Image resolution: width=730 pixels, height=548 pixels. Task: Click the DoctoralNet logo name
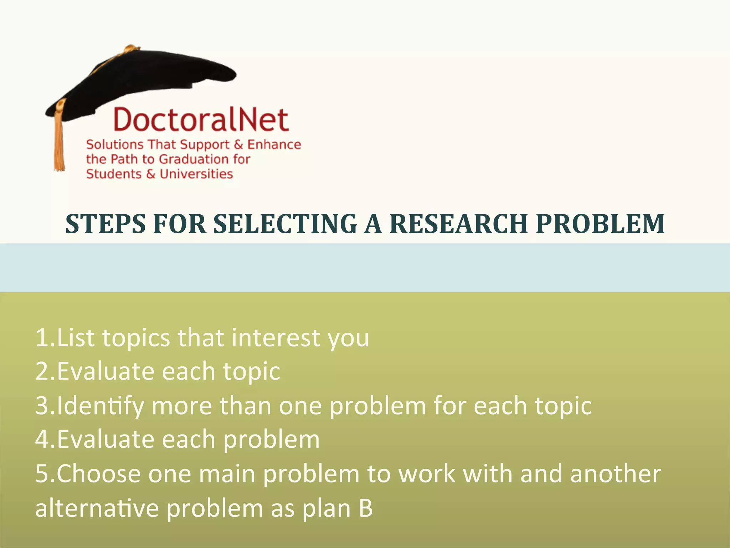tap(201, 120)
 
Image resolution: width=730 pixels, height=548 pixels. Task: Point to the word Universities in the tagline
tap(196, 174)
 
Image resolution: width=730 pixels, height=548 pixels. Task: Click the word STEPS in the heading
tap(106, 224)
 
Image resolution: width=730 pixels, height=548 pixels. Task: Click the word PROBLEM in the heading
tap(600, 224)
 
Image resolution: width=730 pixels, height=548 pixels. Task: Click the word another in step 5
tap(616, 474)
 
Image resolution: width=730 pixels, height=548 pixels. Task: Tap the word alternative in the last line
tap(97, 508)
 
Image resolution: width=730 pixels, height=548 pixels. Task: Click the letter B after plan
tap(366, 508)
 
